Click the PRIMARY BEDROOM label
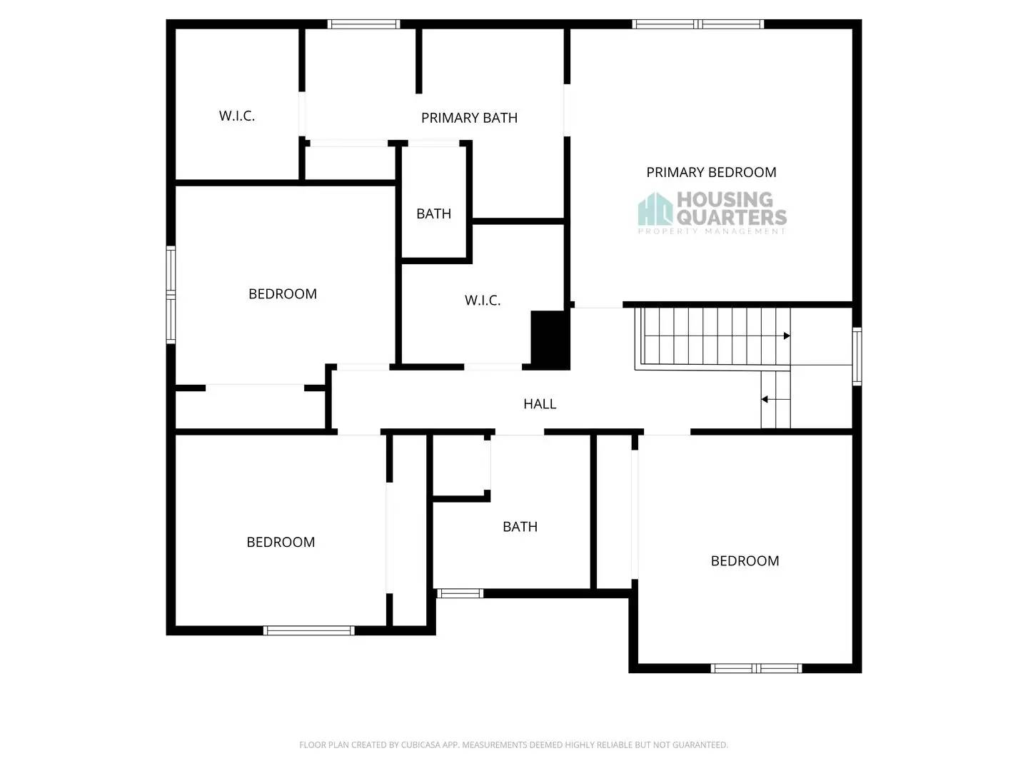tap(711, 172)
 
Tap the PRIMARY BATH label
tap(469, 118)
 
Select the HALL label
tap(540, 404)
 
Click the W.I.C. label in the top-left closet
tap(237, 116)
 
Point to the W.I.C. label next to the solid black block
tap(483, 301)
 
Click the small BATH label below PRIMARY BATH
tap(433, 213)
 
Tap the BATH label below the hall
tap(520, 527)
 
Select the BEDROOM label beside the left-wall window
tap(283, 294)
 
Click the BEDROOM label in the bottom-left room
tap(281, 543)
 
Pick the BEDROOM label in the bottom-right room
tap(745, 561)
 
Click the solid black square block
tap(550, 340)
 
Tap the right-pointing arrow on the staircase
tap(786, 336)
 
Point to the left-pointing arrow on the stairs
tap(765, 400)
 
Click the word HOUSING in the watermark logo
tap(724, 199)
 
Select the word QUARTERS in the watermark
tap(731, 216)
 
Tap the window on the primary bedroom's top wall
tap(697, 24)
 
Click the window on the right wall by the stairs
tap(857, 356)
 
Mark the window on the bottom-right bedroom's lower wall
tap(756, 668)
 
